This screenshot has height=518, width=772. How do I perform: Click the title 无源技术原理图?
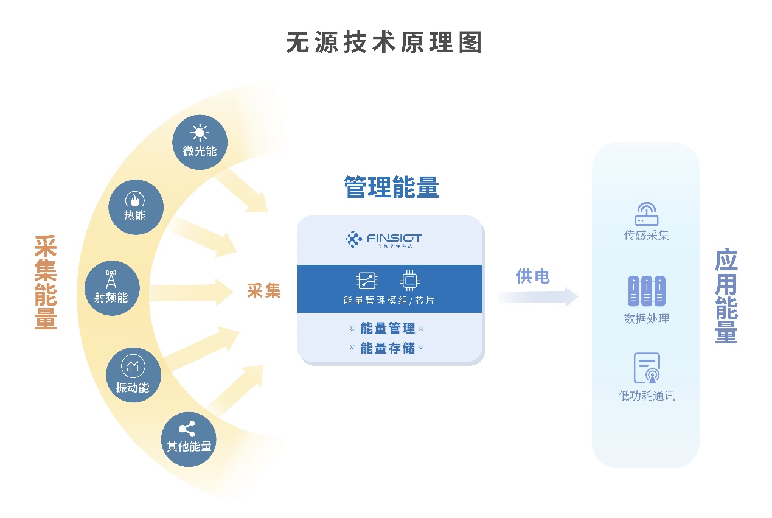384,43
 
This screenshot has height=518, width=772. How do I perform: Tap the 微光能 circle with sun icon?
200,142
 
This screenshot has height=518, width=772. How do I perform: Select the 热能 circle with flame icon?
136,207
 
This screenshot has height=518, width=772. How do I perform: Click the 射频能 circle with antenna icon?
112,288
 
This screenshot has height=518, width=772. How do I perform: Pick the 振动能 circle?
133,374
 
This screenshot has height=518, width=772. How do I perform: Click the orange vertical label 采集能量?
46,282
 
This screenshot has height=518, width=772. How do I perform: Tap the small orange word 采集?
264,291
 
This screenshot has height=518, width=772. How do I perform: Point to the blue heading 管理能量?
391,187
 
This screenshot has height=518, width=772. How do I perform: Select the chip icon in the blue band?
410,281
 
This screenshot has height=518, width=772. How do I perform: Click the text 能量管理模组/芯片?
389,300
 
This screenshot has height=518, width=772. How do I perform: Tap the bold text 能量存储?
388,348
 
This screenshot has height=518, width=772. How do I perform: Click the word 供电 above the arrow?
533,276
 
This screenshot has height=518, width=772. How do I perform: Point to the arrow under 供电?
538,296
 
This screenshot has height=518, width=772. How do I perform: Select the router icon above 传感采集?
646,214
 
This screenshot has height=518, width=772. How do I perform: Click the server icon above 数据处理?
646,291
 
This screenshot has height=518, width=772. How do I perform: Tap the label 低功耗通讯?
647,396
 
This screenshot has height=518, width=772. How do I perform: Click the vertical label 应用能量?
726,296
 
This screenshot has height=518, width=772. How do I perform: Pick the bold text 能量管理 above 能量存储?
388,328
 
